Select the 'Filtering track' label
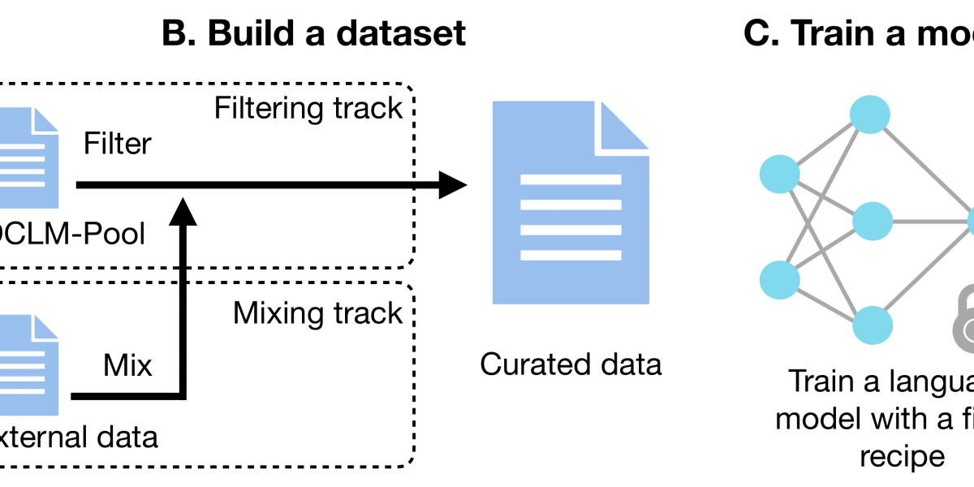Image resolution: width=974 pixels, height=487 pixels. [308, 108]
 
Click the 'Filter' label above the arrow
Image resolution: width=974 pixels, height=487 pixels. [118, 144]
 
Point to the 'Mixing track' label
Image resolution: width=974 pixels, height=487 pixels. [317, 313]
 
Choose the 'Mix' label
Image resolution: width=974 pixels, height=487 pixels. [127, 365]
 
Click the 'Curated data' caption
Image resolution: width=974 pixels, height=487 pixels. [571, 364]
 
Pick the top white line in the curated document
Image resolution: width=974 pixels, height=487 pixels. [571, 179]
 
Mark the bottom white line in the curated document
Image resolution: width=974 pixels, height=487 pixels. [571, 256]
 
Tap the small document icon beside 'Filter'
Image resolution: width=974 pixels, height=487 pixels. [28, 154]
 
